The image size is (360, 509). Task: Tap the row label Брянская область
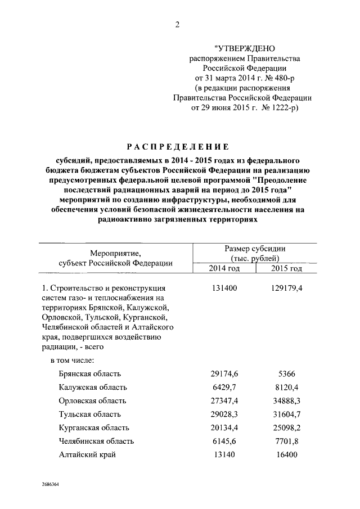pyautogui.click(x=90, y=373)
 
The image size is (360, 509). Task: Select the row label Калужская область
pyautogui.click(x=93, y=387)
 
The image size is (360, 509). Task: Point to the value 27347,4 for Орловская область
pyautogui.click(x=224, y=400)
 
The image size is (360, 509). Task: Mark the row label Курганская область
pyautogui.click(x=93, y=427)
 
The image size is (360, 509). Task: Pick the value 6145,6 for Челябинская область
pyautogui.click(x=224, y=441)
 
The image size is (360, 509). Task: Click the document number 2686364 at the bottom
pyautogui.click(x=52, y=484)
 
